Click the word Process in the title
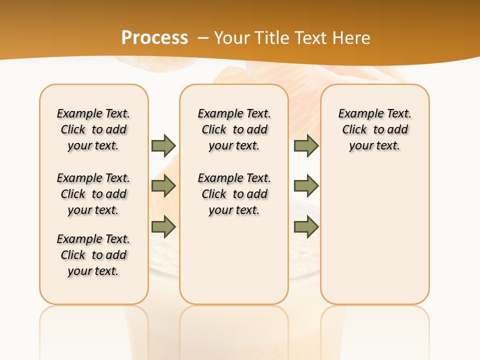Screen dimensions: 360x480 [154, 37]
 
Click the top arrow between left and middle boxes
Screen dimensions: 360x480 [163, 145]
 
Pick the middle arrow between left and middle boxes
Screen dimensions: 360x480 [163, 186]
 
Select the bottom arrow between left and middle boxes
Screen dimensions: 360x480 [163, 227]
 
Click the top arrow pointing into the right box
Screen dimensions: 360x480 [306, 145]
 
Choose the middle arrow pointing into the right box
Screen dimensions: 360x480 [306, 186]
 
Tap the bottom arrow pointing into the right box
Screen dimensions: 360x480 [306, 227]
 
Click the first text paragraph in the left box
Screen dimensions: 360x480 [93, 129]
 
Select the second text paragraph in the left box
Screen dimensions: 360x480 [93, 194]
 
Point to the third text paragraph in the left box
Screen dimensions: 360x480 [93, 255]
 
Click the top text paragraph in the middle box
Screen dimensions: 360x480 [234, 129]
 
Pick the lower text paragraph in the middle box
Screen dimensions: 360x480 [234, 194]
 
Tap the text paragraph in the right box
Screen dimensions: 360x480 [374, 129]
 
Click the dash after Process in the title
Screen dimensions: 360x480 [203, 38]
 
